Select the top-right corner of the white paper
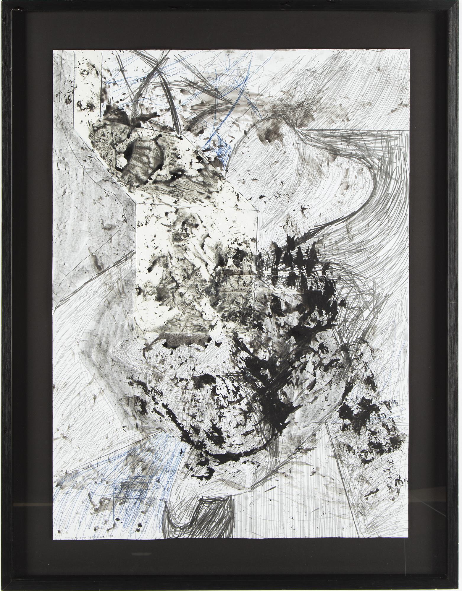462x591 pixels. click(x=409, y=50)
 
